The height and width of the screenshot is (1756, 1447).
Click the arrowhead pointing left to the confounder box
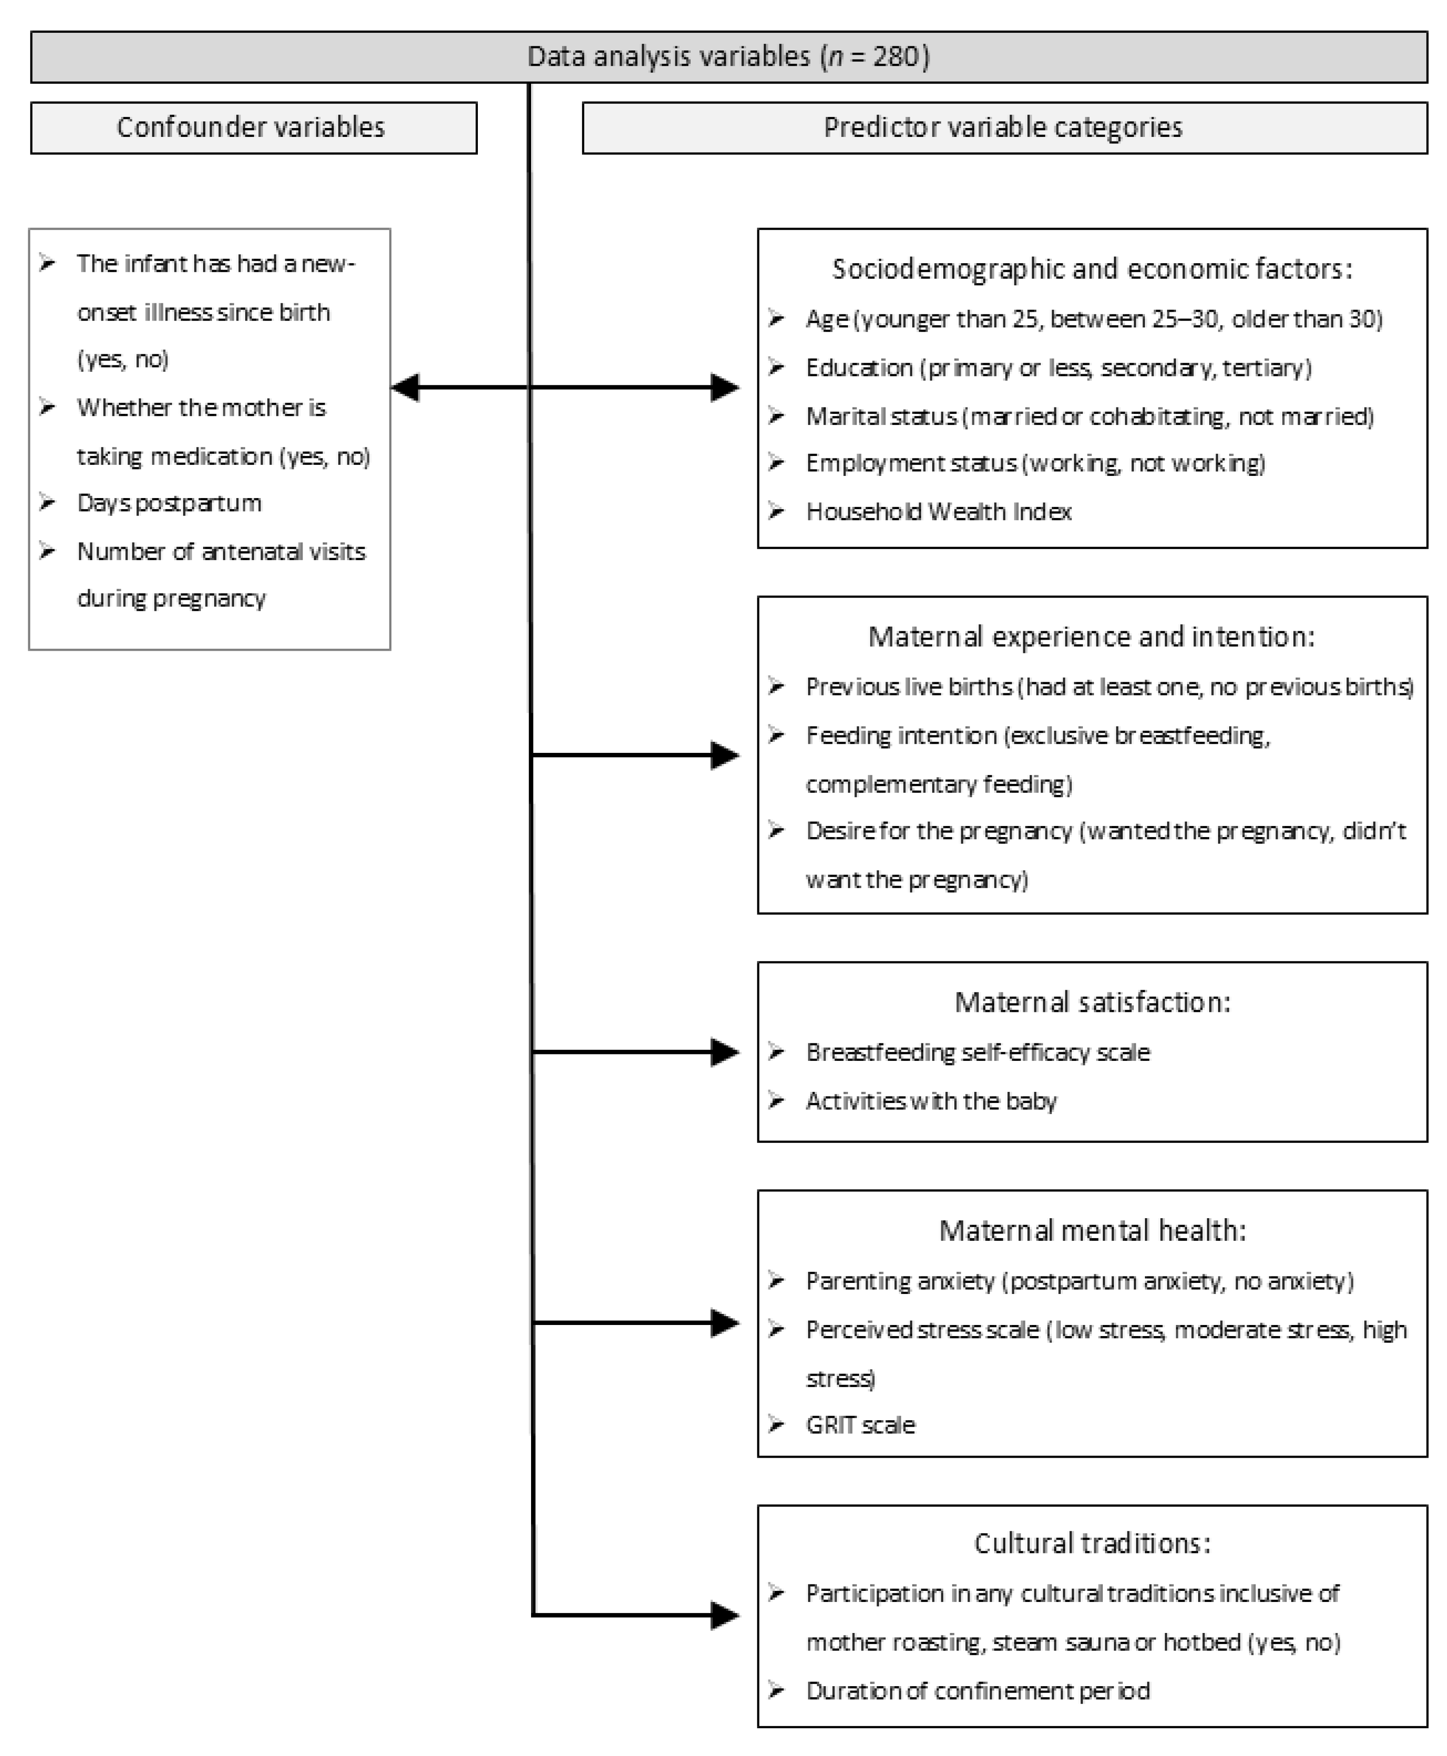click(x=406, y=388)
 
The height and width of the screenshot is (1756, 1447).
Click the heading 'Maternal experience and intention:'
click(x=1091, y=637)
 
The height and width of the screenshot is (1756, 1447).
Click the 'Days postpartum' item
click(x=169, y=503)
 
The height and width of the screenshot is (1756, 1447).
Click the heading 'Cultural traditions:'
click(x=1092, y=1543)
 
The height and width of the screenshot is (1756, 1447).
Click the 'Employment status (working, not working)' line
click(x=1034, y=463)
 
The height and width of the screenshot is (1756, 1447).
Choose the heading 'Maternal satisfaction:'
click(x=1092, y=1002)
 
